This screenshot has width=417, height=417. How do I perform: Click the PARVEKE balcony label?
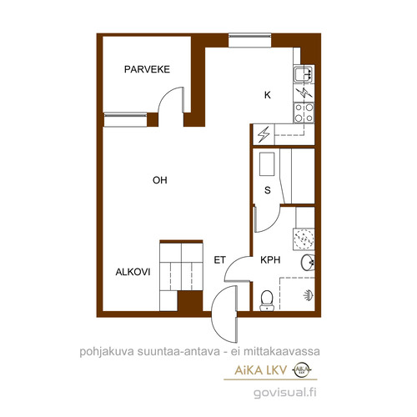point(147,69)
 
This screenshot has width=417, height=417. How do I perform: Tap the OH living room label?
point(160,180)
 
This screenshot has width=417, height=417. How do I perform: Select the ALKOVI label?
point(133,272)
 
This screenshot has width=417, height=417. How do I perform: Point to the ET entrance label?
point(219,260)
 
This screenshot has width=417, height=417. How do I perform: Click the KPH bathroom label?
point(270,260)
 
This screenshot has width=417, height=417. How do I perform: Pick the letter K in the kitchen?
point(268,95)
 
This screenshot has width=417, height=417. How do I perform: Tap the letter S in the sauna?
point(268,190)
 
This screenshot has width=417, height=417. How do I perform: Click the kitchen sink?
point(304,74)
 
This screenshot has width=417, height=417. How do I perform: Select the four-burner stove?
point(304,113)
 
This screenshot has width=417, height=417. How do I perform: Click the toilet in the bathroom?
point(267,300)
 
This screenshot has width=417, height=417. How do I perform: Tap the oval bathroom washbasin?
point(308,262)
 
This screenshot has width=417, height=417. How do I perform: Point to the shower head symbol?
point(309,295)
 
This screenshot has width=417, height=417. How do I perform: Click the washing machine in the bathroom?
point(304,239)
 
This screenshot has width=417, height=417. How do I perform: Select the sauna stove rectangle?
point(267,164)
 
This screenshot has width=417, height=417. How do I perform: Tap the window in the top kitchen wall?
point(249,41)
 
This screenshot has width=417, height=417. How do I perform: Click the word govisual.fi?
point(285,393)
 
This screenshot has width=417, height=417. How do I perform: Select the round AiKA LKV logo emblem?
point(302,369)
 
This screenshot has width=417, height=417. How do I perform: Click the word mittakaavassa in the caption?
point(281,352)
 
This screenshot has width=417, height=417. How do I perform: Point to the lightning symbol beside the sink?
point(304,93)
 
